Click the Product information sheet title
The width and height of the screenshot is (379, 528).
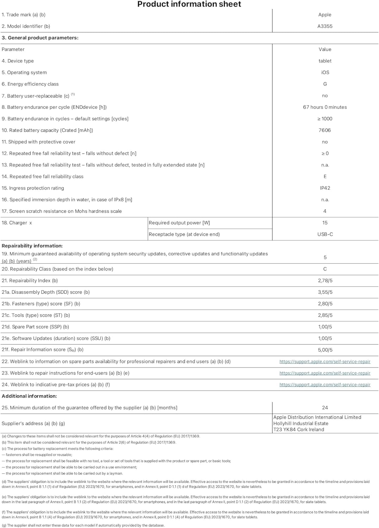point(189,4)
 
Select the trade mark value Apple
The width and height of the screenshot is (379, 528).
point(325,15)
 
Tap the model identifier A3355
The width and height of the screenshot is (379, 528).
point(325,26)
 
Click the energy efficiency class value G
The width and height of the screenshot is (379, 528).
point(325,84)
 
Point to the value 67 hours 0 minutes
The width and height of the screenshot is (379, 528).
point(325,107)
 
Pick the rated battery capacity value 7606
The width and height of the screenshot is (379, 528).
point(325,130)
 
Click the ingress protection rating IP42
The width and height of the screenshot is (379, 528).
point(325,188)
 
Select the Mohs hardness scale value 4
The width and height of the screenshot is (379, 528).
point(325,211)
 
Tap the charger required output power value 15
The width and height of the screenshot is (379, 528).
point(325,223)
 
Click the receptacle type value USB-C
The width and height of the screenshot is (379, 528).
point(325,234)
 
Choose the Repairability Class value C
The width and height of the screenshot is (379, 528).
point(325,269)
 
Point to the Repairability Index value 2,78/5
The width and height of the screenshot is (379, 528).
point(325,281)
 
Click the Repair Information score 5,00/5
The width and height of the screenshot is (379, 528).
point(325,350)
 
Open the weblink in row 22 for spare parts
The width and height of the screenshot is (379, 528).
point(325,362)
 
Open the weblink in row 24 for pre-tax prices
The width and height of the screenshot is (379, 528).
point(325,385)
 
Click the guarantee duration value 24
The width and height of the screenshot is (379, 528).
point(325,408)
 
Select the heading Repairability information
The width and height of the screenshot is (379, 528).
point(32,246)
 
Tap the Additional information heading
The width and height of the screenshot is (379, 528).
point(29,396)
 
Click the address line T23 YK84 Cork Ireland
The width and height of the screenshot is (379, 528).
point(299,429)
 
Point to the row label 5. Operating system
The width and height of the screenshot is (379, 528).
point(24,73)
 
